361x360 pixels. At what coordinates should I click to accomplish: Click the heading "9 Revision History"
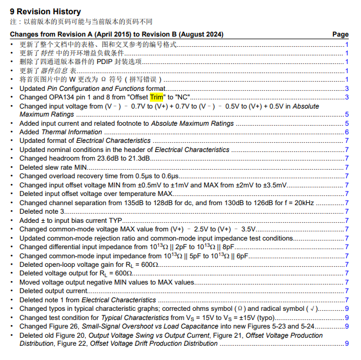pyautogui.click(x=45, y=11)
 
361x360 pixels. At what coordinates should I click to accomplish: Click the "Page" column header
pyautogui.click(x=340, y=35)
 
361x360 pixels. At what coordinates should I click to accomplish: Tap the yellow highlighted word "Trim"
pyautogui.click(x=157, y=97)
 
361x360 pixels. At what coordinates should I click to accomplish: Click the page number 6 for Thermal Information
pyautogui.click(x=347, y=132)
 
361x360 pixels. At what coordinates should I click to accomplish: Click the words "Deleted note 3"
pyautogui.click(x=42, y=211)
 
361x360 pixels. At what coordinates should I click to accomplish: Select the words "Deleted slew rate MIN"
pyautogui.click(x=54, y=167)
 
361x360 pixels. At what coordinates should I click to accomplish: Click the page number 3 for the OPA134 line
pyautogui.click(x=347, y=97)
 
